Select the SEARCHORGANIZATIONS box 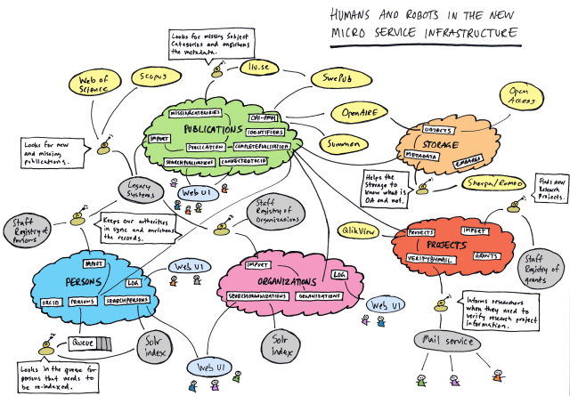click(257, 295)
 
